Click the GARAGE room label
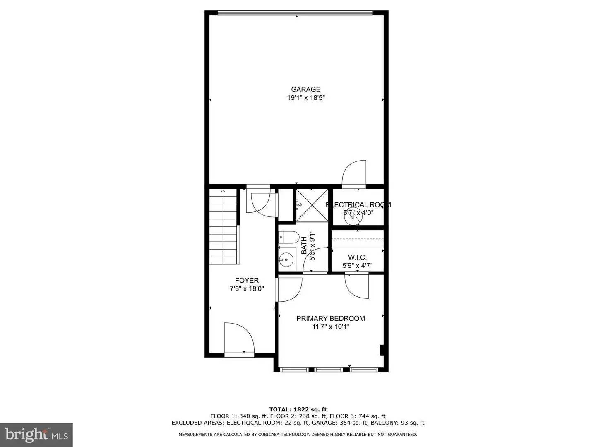[305, 89]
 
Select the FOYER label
[247, 281]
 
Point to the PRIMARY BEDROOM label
[330, 318]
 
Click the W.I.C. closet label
[357, 257]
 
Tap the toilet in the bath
[288, 237]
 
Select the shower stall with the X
[312, 205]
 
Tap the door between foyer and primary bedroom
[289, 289]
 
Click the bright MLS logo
[36, 434]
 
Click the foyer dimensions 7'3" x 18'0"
[247, 289]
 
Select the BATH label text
[304, 245]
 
